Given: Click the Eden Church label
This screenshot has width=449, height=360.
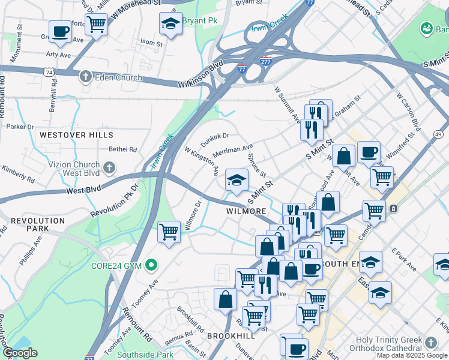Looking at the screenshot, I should tap(118, 77).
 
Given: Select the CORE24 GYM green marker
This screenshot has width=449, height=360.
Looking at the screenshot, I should tap(152, 264).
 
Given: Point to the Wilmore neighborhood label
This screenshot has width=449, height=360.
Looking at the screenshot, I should tap(246, 212).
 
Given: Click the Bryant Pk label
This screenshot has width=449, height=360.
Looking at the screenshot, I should tap(200, 21).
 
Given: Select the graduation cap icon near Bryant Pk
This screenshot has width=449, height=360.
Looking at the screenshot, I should tap(170, 24).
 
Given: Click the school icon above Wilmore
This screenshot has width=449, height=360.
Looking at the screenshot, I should tap(237, 179).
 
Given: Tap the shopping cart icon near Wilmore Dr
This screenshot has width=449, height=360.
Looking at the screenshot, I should tap(169, 231).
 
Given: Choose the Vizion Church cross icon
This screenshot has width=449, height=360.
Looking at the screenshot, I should tap(109, 168).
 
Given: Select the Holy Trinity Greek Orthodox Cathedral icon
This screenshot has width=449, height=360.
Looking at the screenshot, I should tap(430, 343).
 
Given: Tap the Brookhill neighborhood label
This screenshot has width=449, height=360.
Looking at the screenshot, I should tap(231, 337).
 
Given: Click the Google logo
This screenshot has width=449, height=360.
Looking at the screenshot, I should tap(19, 353).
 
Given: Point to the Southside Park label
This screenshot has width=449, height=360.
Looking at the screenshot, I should tap(145, 354).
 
